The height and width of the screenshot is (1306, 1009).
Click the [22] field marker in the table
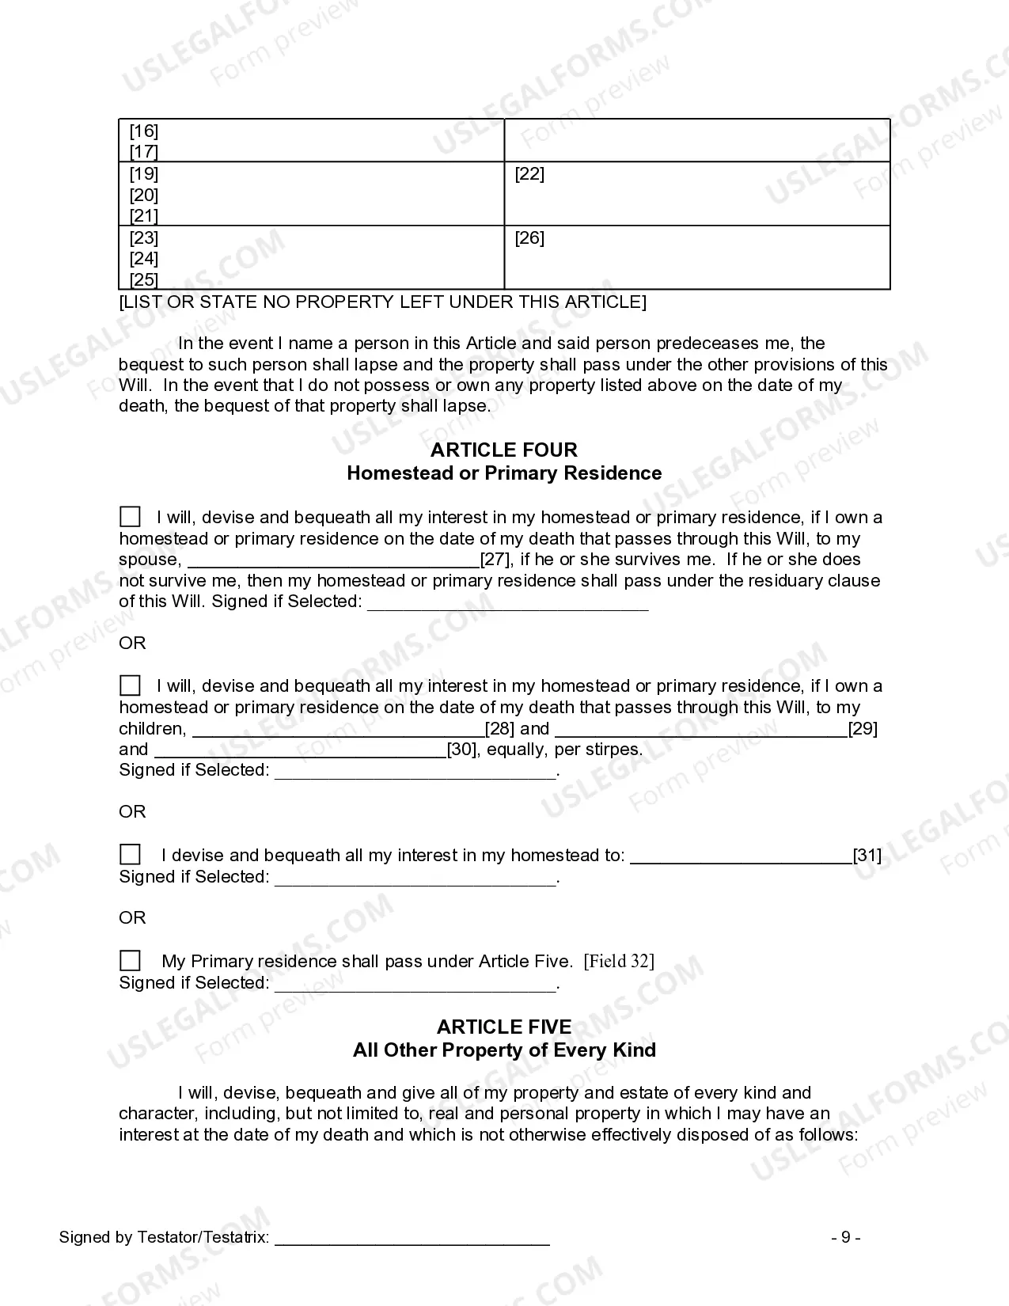point(529,174)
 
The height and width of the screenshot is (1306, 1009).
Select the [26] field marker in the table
point(529,238)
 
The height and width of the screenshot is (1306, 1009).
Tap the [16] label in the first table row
point(144,131)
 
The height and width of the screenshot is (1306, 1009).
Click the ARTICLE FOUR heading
point(504,450)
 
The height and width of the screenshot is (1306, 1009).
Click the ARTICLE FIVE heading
point(504,1027)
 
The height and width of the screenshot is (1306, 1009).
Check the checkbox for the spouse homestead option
point(130,518)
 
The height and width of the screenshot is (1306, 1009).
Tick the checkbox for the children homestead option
point(130,686)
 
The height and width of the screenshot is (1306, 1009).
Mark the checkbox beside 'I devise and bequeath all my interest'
point(130,855)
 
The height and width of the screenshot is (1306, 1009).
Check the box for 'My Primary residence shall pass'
point(130,961)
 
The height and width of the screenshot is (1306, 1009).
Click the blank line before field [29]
point(700,730)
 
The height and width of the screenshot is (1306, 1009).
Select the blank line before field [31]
point(741,857)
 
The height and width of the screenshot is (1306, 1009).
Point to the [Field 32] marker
point(619,962)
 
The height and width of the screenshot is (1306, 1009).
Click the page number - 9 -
point(846,1238)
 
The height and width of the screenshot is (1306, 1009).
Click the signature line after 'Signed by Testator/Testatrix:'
point(412,1240)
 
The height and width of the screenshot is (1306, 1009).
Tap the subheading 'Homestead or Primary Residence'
point(504,473)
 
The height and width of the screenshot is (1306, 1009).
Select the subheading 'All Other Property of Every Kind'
point(504,1050)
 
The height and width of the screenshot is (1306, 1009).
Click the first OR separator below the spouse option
point(133,644)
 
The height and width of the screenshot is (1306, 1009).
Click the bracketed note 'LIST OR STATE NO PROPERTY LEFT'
point(382,302)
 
